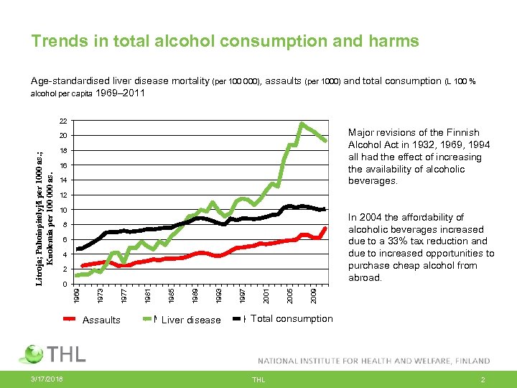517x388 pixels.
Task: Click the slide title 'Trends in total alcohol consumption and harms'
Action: pos(225,42)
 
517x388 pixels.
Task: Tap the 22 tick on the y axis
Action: pos(63,121)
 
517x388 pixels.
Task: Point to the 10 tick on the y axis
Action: pos(63,210)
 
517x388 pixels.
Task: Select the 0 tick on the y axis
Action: pos(65,284)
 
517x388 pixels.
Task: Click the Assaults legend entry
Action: pos(101,320)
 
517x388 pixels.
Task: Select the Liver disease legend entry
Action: pos(190,320)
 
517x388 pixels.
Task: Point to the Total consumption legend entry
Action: pos(292,318)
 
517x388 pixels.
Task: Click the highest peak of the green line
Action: pos(302,124)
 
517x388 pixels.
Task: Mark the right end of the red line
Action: pos(325,228)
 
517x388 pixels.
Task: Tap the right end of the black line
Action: pos(325,209)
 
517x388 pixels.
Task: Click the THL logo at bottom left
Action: pos(55,354)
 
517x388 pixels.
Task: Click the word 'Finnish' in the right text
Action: pos(463,133)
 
